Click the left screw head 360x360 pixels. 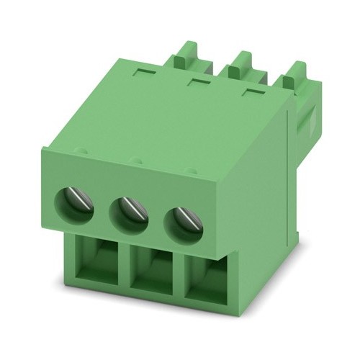(76, 202)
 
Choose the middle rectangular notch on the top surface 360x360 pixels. (198, 83)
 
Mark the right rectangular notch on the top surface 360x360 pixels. (251, 92)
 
